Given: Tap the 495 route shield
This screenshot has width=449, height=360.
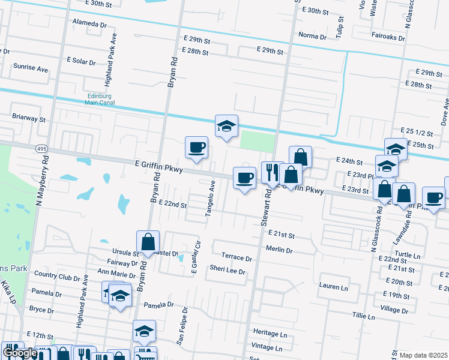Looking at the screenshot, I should [x=41, y=149].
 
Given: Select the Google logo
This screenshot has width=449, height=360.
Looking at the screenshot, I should [x=20, y=353].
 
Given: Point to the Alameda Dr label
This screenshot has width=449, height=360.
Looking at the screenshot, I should [x=89, y=25].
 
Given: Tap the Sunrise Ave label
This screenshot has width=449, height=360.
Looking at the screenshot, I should [x=31, y=69].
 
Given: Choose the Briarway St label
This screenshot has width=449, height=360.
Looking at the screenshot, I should [x=29, y=119].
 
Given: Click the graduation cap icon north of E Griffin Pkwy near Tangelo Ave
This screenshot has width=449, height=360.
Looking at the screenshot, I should [x=226, y=126].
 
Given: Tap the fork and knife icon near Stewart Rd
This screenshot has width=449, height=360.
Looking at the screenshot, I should [x=272, y=173].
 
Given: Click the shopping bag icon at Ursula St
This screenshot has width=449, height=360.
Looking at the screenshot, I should [x=148, y=242].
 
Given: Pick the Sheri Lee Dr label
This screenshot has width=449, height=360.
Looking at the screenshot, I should [x=228, y=271].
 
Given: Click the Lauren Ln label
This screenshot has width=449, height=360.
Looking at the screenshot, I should [x=334, y=286].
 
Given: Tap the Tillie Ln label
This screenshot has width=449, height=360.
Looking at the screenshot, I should [x=363, y=316].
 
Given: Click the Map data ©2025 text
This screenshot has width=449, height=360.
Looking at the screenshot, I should [x=423, y=355].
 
